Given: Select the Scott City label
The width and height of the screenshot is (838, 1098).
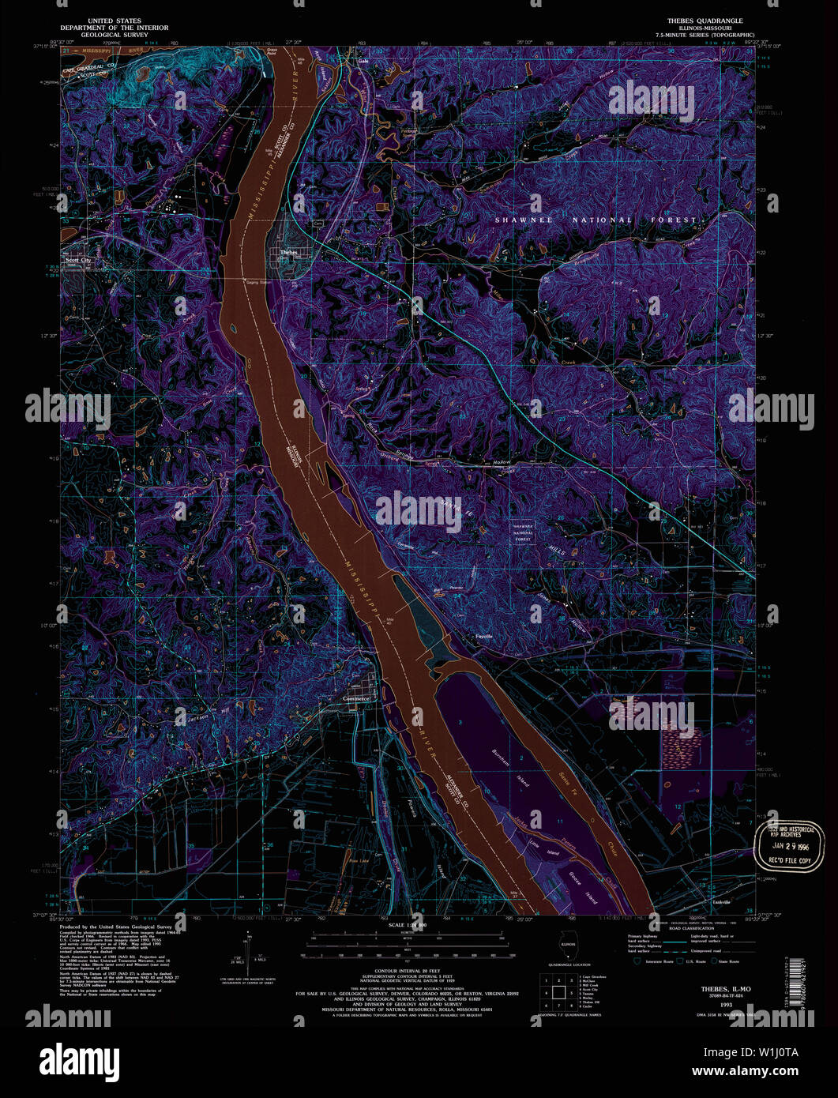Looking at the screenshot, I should (77, 260).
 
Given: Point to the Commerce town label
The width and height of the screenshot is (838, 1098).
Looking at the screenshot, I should (357, 699).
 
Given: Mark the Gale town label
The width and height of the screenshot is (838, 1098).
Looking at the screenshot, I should (364, 60).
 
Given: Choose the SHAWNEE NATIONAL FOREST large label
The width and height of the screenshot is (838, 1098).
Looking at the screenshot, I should (596, 220).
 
